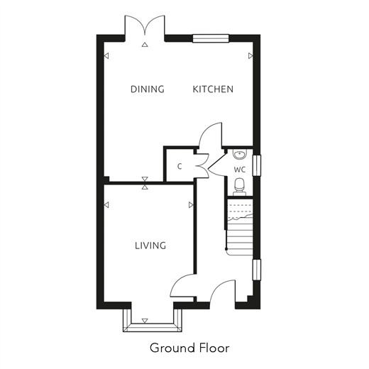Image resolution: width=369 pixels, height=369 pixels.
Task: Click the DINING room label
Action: tap(148, 89)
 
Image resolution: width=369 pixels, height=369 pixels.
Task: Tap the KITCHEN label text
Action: tap(213, 89)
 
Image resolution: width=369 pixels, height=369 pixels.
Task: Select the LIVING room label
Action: tap(150, 246)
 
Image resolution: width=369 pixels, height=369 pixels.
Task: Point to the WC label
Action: tap(240, 170)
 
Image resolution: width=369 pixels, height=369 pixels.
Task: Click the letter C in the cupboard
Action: tap(180, 167)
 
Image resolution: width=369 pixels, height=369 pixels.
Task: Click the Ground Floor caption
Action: tap(189, 348)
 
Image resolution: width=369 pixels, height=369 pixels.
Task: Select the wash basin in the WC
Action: tap(240, 154)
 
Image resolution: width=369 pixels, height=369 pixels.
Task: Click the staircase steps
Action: tap(239, 227)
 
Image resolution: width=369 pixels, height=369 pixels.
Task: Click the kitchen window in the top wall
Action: tap(211, 38)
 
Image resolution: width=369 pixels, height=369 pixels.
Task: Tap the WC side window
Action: tap(257, 165)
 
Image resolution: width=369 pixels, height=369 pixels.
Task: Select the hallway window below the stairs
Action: tap(257, 270)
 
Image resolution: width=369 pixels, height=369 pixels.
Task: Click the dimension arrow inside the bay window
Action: tap(145, 321)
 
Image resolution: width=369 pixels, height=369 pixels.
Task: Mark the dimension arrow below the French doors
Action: tap(145, 44)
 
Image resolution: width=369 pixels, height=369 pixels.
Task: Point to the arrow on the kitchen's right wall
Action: tap(250, 56)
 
